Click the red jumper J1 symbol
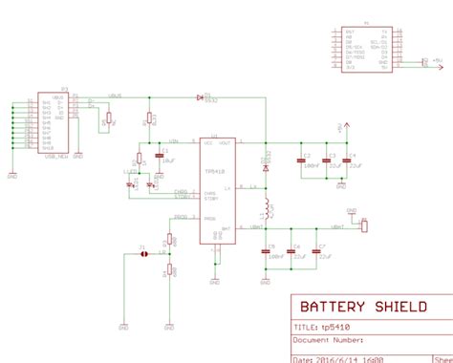[x=142, y=254]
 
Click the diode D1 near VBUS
[x=200, y=96]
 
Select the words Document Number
[x=330, y=338]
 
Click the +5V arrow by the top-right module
[x=426, y=61]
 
